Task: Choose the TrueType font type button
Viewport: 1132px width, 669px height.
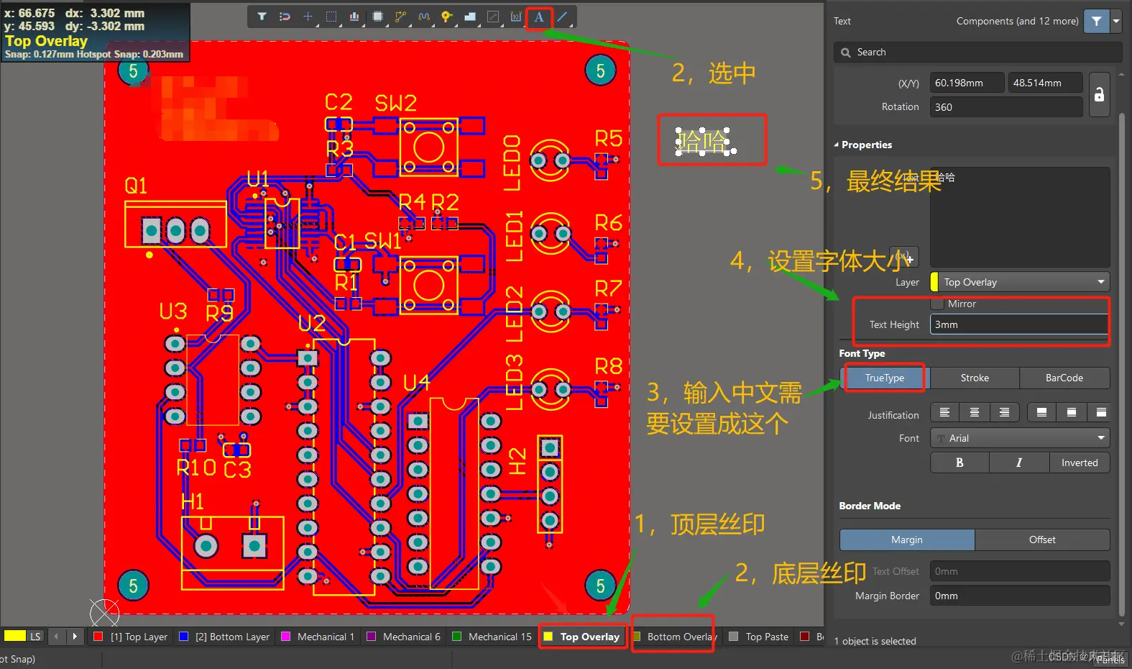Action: coord(884,378)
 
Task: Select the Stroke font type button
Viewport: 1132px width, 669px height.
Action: coord(975,378)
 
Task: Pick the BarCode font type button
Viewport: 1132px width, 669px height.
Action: coord(1064,378)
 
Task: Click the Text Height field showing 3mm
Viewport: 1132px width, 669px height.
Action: coord(1018,324)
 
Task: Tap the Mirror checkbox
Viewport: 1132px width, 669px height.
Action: coord(937,304)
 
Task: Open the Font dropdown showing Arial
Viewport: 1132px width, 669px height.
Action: coord(1020,438)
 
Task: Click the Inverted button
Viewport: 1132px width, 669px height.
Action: coord(1079,463)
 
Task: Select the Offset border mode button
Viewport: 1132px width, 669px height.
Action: coord(1041,540)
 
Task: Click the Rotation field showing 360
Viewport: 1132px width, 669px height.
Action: coord(1006,107)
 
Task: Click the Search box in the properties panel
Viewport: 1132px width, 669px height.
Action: coord(977,52)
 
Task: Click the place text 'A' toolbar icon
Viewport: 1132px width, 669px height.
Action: coord(538,17)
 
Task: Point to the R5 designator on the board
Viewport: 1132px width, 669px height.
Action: coord(608,138)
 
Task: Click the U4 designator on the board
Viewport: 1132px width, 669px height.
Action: coord(416,383)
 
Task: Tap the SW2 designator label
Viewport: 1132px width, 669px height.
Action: coord(395,104)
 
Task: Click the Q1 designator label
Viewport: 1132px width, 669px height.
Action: coord(136,186)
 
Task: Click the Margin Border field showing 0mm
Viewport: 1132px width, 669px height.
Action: coord(1018,596)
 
